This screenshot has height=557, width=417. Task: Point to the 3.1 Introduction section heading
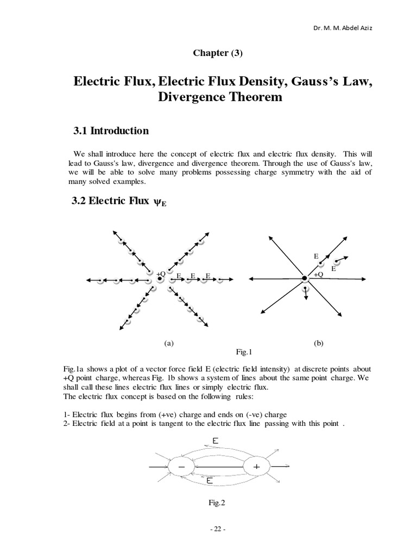pos(110,131)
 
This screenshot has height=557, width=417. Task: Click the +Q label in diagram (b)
pos(319,275)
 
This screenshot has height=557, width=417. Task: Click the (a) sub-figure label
pos(168,343)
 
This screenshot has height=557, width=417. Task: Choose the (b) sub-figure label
pos(319,343)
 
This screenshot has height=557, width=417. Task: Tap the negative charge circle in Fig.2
pos(180,467)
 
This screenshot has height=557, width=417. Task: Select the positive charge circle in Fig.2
pos(256,467)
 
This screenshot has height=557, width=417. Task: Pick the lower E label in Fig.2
pos(209,481)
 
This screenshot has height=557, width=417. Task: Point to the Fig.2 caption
pos(217,503)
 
